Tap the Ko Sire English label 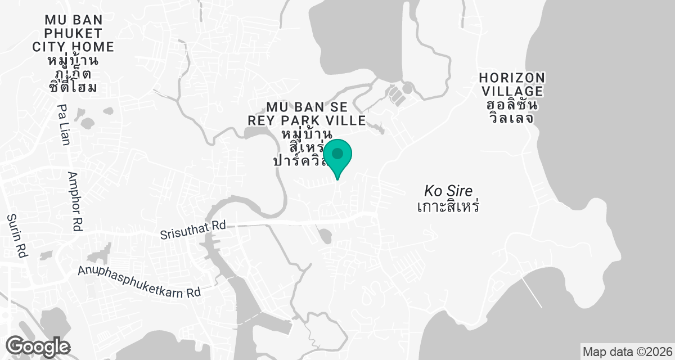click(448, 190)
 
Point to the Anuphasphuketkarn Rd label click(139, 281)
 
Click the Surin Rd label click(17, 236)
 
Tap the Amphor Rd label click(75, 202)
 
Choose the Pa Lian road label click(64, 125)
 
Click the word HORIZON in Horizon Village click(511, 78)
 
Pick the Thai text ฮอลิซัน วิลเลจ click(511, 112)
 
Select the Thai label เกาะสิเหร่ click(448, 206)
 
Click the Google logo click(38, 345)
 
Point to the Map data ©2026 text click(627, 352)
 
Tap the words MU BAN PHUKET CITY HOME click(66, 33)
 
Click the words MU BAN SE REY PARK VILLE click(308, 113)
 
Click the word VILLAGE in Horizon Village click(511, 91)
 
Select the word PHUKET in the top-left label click(66, 33)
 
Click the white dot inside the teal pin click(337, 153)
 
